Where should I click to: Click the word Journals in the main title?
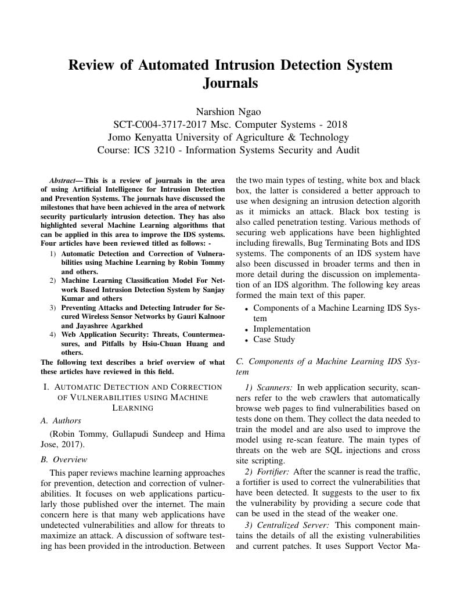(x=230, y=83)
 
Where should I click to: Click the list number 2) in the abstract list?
(x=52, y=280)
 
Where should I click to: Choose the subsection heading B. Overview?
(x=64, y=459)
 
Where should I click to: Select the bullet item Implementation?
(x=282, y=329)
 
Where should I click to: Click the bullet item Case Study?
(x=274, y=339)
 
